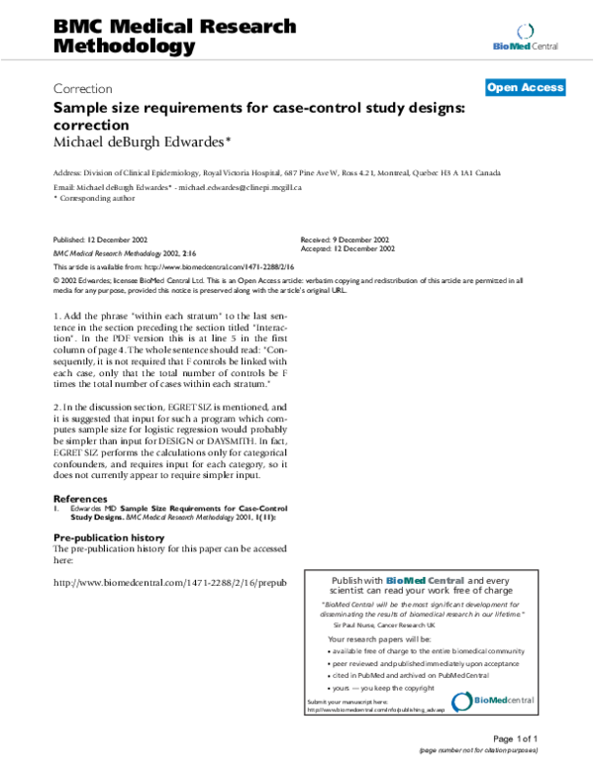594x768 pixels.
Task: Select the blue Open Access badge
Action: point(525,87)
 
